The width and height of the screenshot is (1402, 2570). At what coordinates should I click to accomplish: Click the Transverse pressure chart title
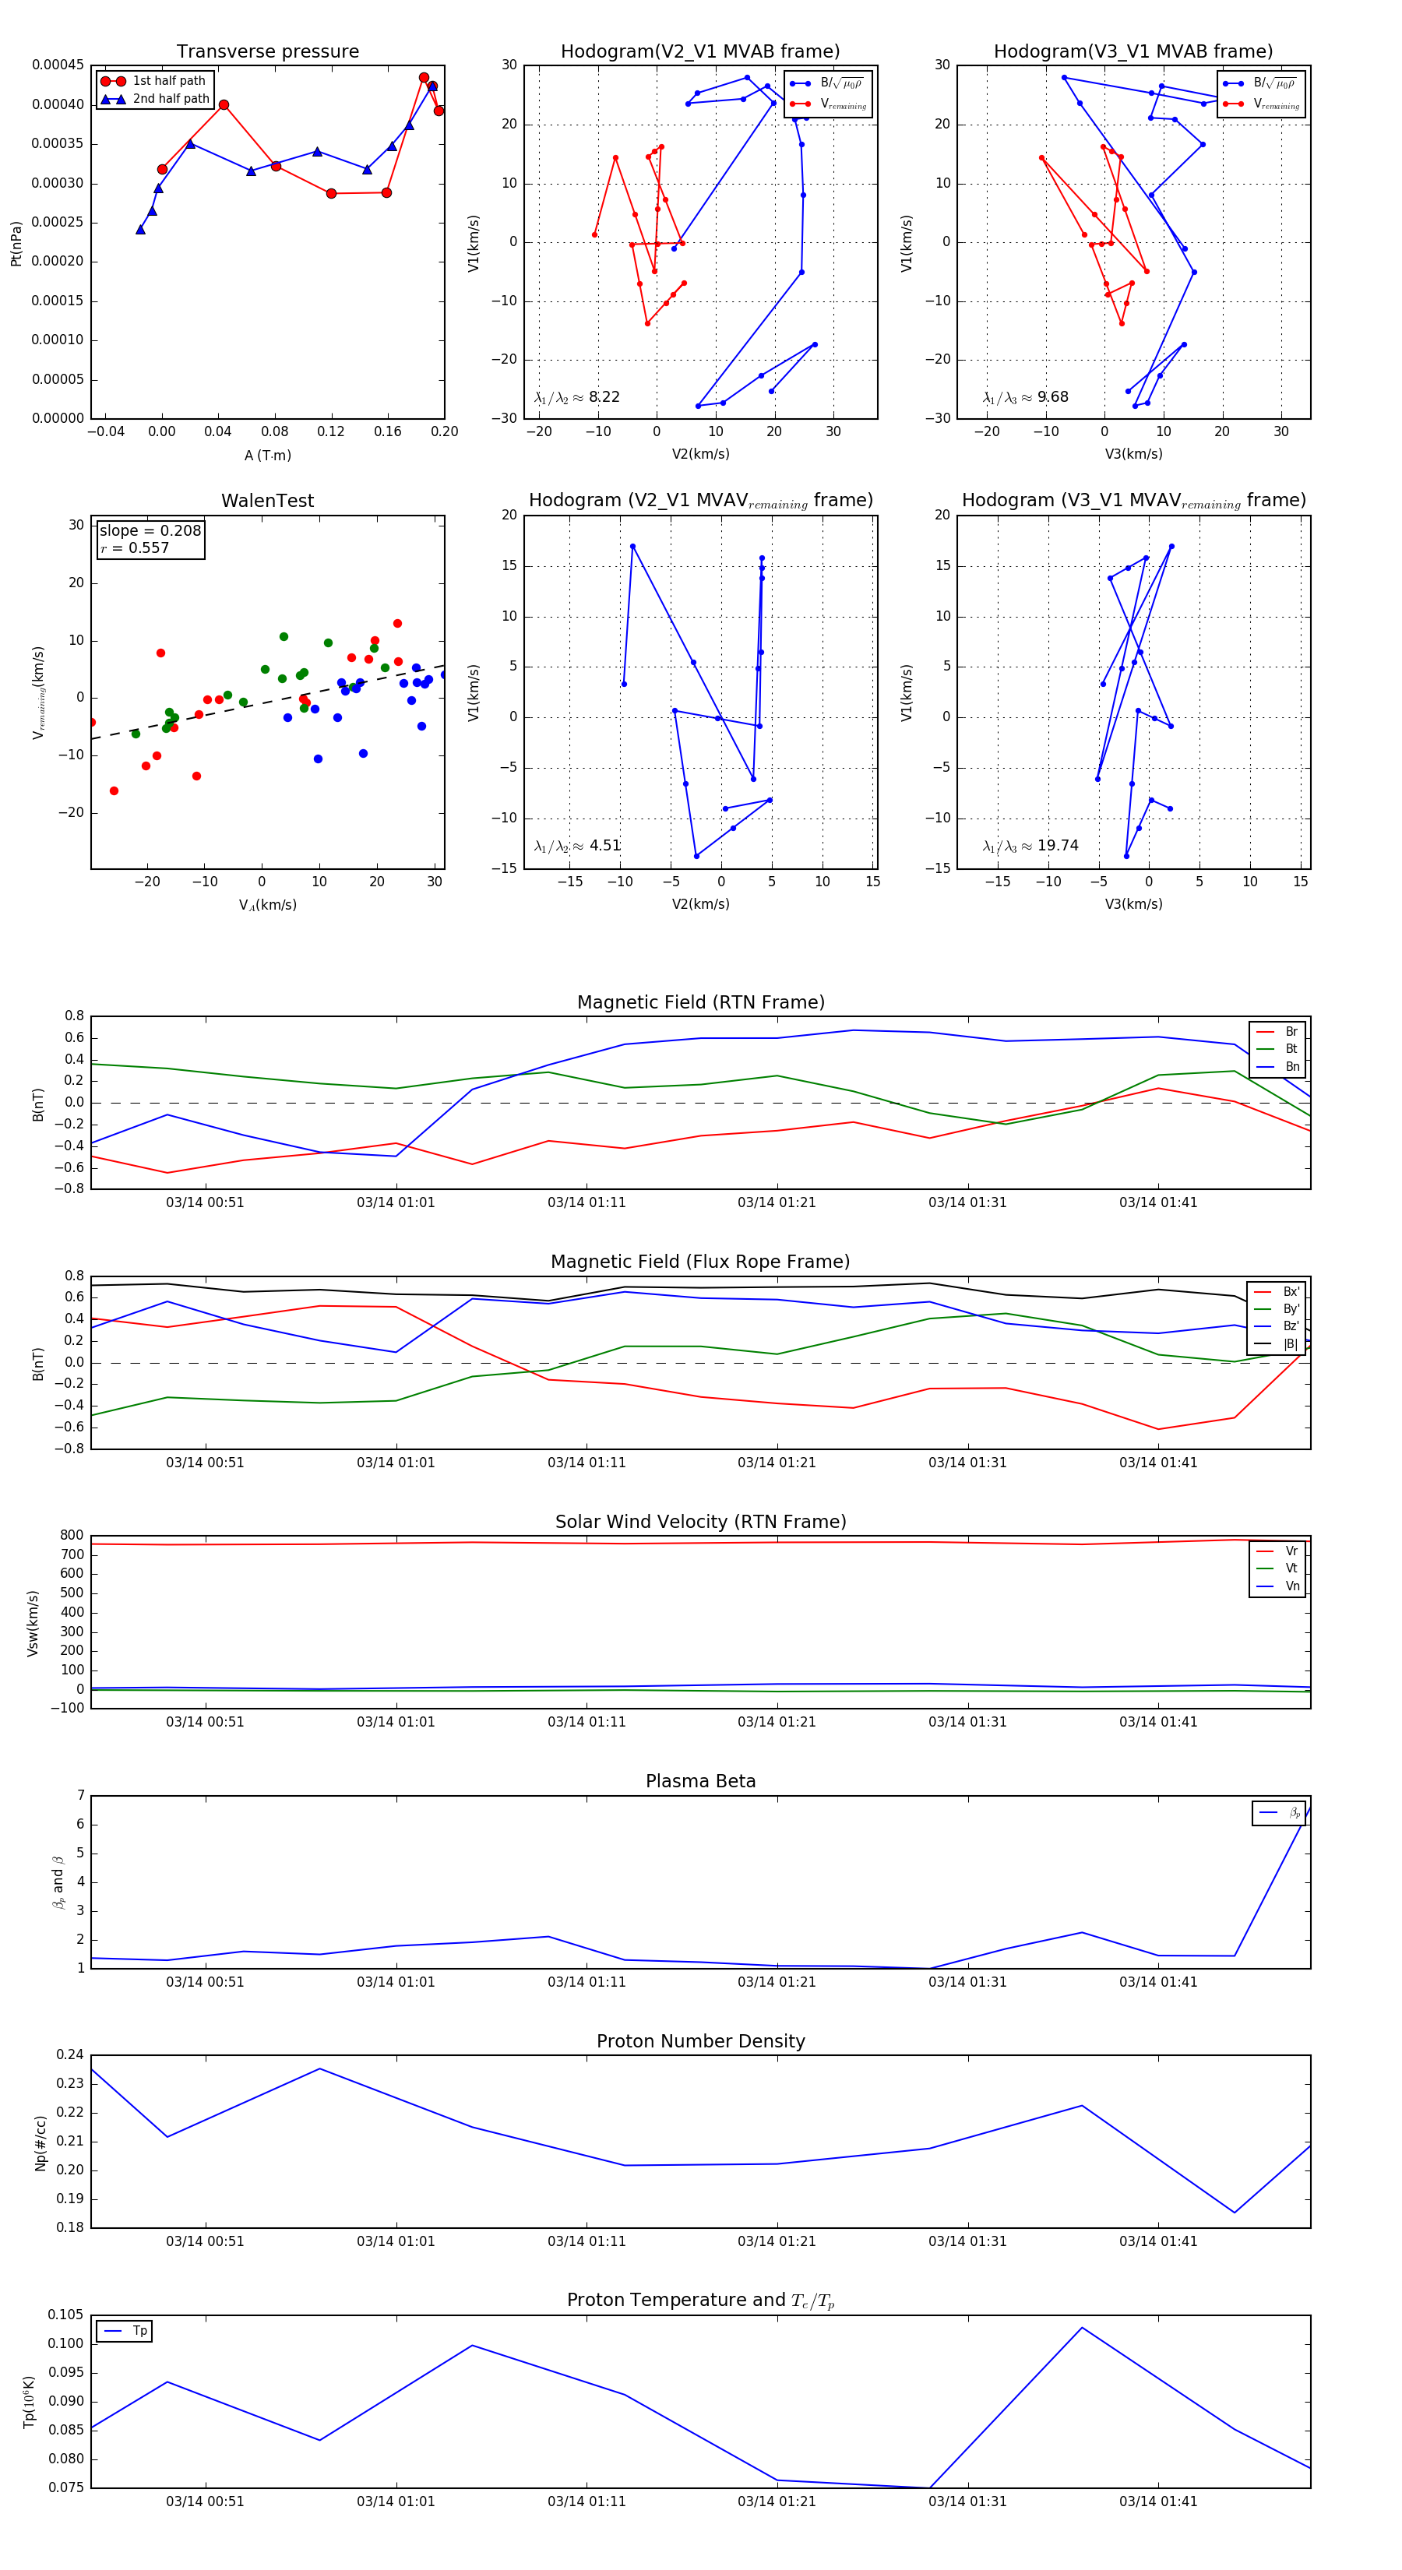click(x=267, y=52)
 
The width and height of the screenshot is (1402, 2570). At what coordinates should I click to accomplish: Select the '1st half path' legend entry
click(x=167, y=81)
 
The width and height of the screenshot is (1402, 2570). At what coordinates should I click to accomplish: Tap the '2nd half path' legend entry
click(x=170, y=99)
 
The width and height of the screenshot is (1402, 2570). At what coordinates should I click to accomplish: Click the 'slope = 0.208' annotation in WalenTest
click(x=150, y=531)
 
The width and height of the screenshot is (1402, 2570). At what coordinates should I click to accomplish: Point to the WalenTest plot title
click(x=267, y=501)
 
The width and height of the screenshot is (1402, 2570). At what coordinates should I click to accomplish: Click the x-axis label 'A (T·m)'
click(x=267, y=456)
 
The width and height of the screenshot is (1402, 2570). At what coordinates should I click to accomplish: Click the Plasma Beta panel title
click(x=700, y=1781)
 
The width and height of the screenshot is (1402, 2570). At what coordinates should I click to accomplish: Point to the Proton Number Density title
click(x=700, y=2040)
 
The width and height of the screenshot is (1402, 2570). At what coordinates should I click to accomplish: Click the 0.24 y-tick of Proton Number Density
click(x=70, y=2054)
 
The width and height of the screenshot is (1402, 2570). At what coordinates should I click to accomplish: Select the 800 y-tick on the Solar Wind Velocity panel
click(x=72, y=1536)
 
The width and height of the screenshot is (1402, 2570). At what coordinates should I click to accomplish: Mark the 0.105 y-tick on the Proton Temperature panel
click(x=67, y=2315)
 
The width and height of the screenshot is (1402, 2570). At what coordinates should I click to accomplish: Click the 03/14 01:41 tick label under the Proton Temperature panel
click(x=1157, y=2501)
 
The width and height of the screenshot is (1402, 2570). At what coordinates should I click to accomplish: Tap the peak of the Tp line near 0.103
click(x=1082, y=2328)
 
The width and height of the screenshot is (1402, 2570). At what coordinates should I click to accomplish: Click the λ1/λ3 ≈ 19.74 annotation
click(x=1030, y=845)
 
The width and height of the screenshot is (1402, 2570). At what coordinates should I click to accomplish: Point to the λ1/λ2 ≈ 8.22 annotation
click(x=576, y=397)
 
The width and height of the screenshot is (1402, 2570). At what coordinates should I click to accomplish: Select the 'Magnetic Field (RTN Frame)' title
click(x=700, y=1002)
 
